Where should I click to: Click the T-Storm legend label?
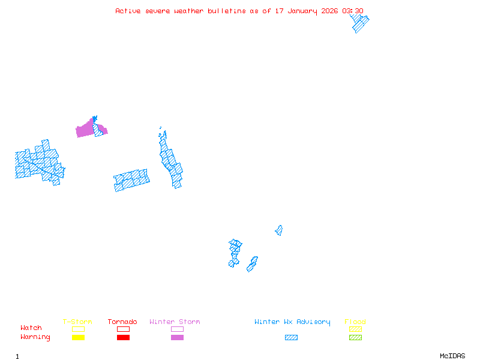tap(77, 322)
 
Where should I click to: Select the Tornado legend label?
tap(122, 322)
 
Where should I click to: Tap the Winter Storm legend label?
tap(175, 322)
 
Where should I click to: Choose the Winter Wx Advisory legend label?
tap(292, 322)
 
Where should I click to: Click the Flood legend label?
tap(355, 322)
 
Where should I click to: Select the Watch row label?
tap(31, 328)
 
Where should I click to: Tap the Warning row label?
tap(35, 337)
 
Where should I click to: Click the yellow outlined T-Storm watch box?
tap(78, 329)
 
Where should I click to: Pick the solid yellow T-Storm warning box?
tap(78, 338)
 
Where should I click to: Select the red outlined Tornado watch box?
tap(123, 329)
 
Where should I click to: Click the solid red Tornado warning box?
tap(123, 338)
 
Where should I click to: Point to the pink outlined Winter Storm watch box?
tap(177, 329)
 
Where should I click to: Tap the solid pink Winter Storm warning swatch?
tap(177, 338)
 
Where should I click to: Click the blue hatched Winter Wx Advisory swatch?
tap(291, 338)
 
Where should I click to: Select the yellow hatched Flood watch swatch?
tap(355, 329)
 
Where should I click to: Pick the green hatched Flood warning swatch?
tap(355, 338)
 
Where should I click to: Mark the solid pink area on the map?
tap(85, 130)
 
